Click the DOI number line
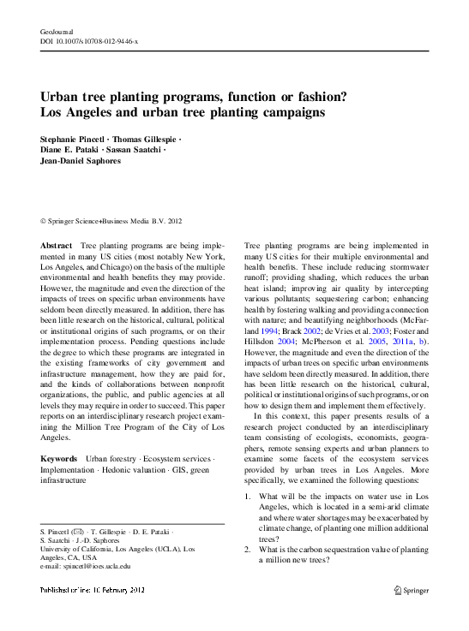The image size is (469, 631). (x=89, y=41)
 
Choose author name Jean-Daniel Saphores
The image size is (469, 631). (x=83, y=161)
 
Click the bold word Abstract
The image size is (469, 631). (x=57, y=246)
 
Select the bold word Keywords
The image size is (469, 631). (x=60, y=459)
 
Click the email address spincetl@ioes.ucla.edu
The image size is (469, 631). (x=86, y=566)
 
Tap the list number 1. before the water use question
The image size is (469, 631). (x=249, y=496)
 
